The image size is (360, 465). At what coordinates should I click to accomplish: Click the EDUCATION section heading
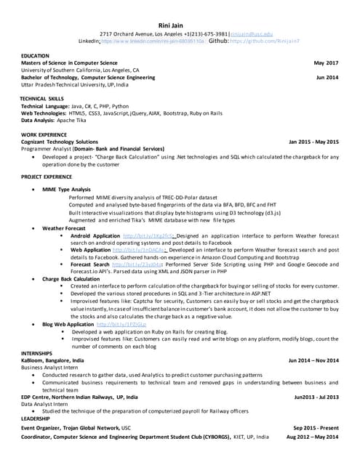click(36, 55)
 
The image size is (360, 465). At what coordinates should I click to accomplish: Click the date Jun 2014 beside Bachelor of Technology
click(327, 77)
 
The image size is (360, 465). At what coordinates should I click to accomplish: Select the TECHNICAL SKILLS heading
click(41, 98)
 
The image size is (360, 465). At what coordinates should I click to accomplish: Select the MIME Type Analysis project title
click(67, 189)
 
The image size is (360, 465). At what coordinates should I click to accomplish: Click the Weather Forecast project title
click(64, 228)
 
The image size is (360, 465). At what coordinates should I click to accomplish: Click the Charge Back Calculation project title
click(71, 278)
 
